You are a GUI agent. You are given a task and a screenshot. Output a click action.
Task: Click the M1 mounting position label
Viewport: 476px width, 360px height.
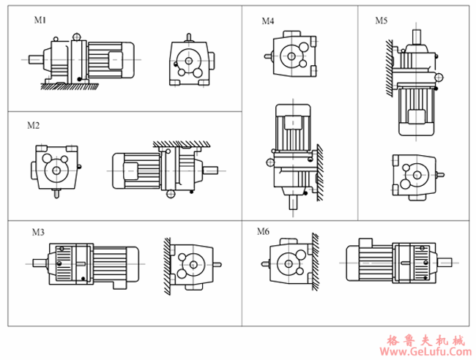tap(40, 20)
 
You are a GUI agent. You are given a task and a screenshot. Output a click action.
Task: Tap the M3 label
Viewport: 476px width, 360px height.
tap(38, 233)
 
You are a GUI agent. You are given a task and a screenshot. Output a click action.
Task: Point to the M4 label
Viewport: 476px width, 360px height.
tap(269, 21)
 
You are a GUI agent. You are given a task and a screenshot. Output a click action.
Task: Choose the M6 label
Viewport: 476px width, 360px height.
tap(264, 232)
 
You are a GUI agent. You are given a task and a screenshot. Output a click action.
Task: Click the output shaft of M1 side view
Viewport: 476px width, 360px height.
tap(33, 59)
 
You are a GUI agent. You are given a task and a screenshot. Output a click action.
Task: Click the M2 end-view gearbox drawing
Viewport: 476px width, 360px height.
tap(55, 169)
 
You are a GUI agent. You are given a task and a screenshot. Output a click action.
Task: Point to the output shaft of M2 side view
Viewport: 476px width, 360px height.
tap(210, 172)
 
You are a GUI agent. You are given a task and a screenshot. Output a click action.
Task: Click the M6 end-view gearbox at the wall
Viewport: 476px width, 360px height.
tap(289, 262)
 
